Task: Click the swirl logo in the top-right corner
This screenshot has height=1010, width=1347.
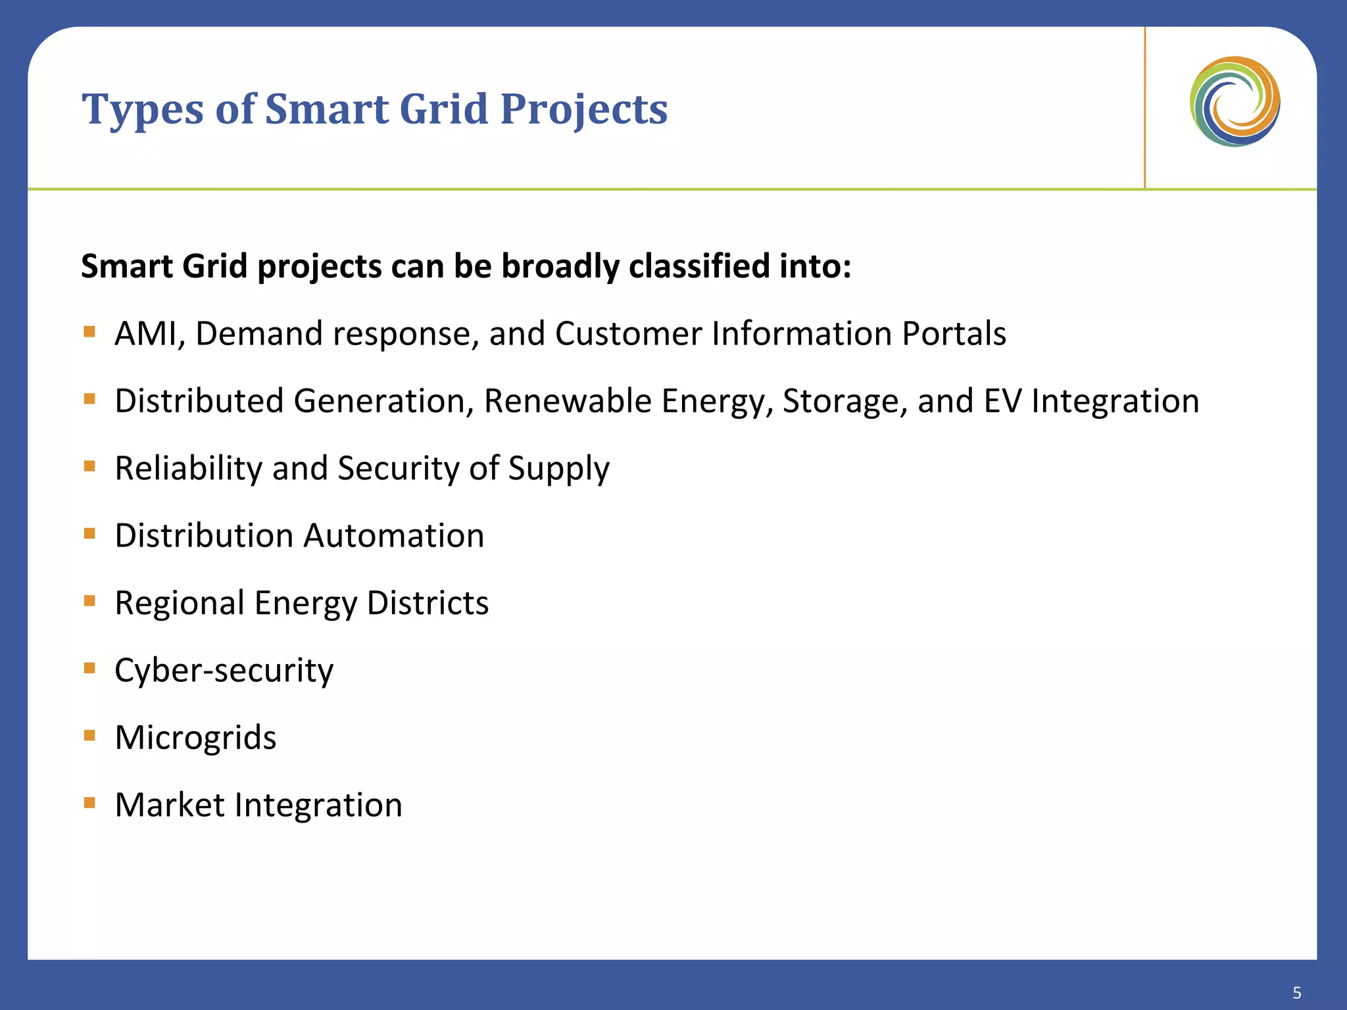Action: pos(1235,102)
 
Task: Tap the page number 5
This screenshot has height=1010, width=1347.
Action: pos(1296,992)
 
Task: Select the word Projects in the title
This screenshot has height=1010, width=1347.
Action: pos(583,110)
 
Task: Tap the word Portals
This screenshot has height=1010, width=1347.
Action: pos(954,333)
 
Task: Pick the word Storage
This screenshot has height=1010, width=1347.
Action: pos(841,401)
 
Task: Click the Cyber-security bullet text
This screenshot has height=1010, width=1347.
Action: pos(224,671)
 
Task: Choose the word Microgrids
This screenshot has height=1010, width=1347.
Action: pos(195,738)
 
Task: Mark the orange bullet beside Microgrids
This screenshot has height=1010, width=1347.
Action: pos(90,734)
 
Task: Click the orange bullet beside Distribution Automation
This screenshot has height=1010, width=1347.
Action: pos(90,533)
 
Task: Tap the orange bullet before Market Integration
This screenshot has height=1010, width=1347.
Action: pos(90,802)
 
